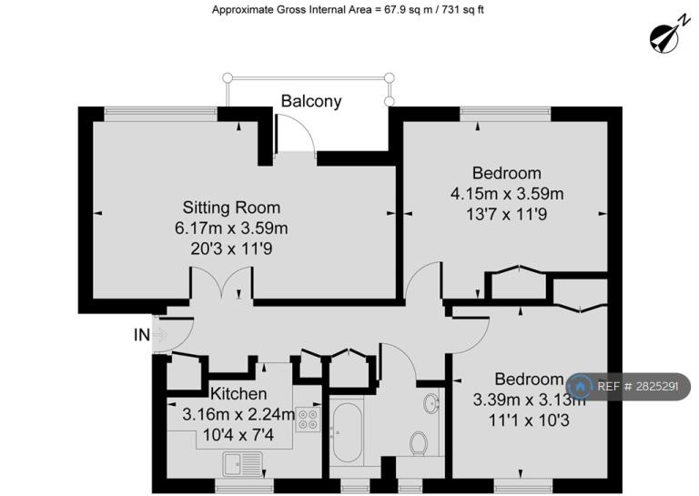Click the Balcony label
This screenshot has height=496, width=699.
[x=311, y=102]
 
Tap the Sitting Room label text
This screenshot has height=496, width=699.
[x=231, y=208]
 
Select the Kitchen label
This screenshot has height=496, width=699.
[x=238, y=393]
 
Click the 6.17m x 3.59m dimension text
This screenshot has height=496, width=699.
[x=231, y=228]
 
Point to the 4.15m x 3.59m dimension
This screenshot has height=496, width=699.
[x=507, y=194]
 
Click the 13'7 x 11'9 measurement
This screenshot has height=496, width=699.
[x=507, y=215]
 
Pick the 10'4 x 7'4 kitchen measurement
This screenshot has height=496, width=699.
[x=238, y=434]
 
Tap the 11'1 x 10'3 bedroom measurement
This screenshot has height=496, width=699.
[x=529, y=420]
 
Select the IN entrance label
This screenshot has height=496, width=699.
[x=142, y=335]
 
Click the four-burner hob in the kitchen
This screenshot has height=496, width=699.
[x=308, y=420]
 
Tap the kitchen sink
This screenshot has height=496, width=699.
[x=243, y=464]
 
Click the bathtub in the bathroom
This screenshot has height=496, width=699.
[x=348, y=432]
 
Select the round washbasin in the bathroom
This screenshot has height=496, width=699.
[x=431, y=404]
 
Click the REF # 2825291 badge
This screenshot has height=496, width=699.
[x=628, y=387]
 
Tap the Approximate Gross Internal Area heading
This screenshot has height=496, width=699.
[x=348, y=9]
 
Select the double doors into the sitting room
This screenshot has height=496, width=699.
[x=221, y=281]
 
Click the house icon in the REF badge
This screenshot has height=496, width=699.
[x=580, y=387]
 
